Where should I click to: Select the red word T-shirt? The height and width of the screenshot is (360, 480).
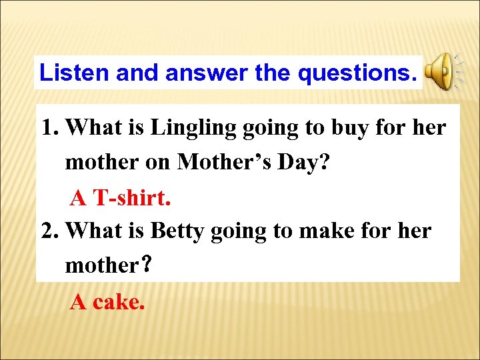tap(132, 197)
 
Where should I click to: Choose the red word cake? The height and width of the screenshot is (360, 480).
tap(119, 302)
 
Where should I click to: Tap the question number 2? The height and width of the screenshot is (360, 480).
tap(50, 231)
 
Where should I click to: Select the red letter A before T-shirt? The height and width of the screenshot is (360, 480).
tap(79, 197)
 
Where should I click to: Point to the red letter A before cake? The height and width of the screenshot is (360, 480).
tap(79, 302)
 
